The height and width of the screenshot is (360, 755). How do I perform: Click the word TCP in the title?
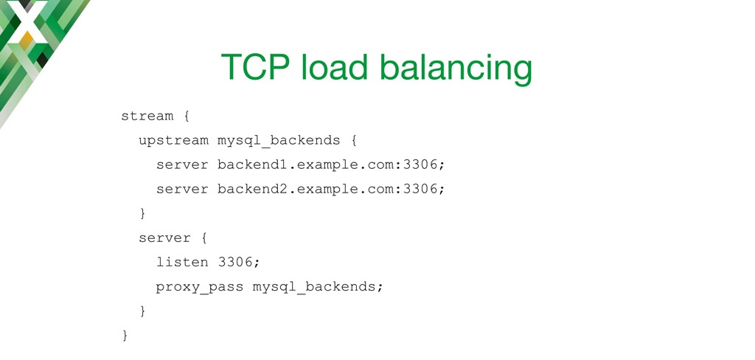255,67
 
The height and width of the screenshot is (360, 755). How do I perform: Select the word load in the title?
335,67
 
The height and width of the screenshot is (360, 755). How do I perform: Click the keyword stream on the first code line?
147,116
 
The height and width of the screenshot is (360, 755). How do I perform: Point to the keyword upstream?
173,141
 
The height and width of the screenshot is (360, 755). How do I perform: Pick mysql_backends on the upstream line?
279,141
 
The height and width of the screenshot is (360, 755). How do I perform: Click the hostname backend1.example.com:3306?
331,165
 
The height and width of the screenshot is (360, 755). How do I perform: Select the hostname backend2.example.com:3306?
331,189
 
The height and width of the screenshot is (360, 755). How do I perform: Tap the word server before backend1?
182,165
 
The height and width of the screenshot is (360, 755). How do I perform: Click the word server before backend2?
182,190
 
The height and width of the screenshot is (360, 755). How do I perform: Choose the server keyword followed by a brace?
164,238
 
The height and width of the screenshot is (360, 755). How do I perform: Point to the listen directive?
182,262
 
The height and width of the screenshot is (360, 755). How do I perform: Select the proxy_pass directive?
199,287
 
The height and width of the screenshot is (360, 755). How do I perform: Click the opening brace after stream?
187,117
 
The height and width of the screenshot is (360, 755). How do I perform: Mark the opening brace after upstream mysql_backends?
353,141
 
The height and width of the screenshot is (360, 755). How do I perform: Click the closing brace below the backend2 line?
142,213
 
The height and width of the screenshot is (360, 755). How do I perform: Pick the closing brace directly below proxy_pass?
142,311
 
